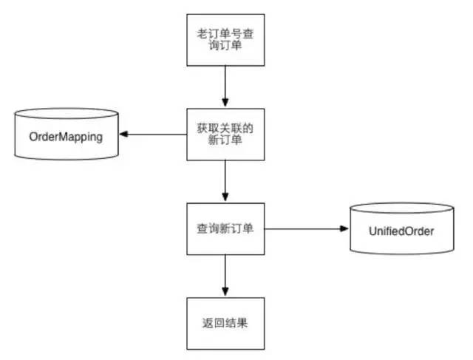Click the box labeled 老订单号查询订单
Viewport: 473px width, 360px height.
[x=225, y=39]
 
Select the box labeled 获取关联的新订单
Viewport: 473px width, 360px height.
[x=225, y=135]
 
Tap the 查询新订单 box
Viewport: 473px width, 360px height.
[x=225, y=229]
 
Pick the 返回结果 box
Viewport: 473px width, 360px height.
[x=225, y=324]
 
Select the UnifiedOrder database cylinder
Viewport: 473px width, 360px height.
[x=401, y=230]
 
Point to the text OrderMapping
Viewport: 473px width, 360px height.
[x=65, y=137]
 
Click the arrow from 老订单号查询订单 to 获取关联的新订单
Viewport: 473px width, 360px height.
[x=225, y=86]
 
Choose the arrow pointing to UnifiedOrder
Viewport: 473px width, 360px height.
[x=306, y=229]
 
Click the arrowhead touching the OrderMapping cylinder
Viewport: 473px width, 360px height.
[x=124, y=135]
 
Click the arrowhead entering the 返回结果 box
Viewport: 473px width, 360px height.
[x=225, y=293]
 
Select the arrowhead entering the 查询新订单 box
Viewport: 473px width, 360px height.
[x=225, y=198]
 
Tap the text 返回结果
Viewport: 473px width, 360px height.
[x=225, y=324]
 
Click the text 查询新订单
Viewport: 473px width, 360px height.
[x=225, y=229]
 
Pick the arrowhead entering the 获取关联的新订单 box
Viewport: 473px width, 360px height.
[x=225, y=103]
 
